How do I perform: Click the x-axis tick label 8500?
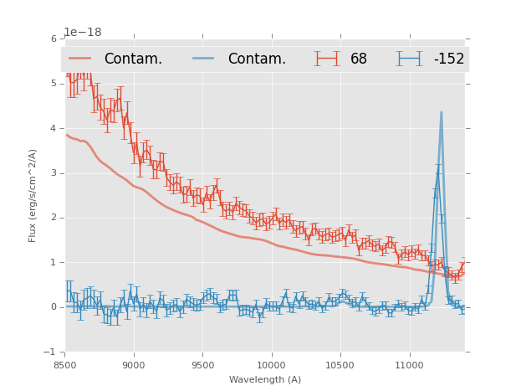(x=65, y=366)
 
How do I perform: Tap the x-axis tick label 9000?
(x=134, y=366)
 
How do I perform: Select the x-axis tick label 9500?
(x=202, y=366)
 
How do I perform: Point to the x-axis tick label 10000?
(x=271, y=366)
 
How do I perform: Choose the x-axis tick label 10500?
(x=340, y=366)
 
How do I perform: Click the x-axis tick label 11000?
(x=409, y=366)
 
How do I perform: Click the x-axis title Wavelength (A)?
(x=265, y=380)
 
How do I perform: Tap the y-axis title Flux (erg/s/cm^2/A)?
(x=33, y=196)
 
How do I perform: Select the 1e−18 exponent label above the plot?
(x=83, y=32)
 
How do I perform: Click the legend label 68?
(x=359, y=59)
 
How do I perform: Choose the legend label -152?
(x=448, y=59)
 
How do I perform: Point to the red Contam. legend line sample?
(x=80, y=59)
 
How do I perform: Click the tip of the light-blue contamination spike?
(x=442, y=112)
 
